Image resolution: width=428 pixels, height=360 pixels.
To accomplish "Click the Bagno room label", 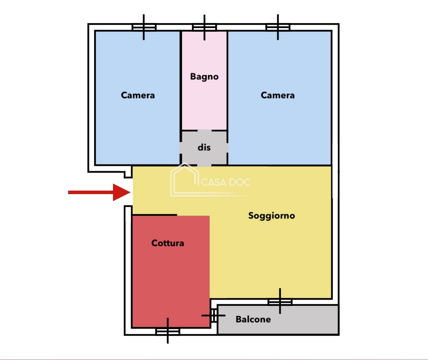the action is coord(204,77).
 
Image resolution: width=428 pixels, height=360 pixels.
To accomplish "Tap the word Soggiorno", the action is coord(272,216).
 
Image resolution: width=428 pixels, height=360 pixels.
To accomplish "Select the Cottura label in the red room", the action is coord(168,243).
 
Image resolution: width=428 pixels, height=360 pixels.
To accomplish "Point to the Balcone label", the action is coord(253,319).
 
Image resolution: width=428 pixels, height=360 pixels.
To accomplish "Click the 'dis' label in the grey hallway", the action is coord(204,147).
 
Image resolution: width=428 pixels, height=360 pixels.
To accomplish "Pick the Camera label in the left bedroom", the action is coord(138,95).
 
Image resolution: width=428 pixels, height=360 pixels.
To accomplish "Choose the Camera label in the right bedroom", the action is coord(278,95).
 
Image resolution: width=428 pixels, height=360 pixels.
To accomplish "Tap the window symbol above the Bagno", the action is coord(204,27).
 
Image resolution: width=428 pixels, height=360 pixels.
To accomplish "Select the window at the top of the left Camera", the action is coord(144,27).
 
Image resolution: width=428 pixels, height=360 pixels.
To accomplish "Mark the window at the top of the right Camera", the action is coord(278,27).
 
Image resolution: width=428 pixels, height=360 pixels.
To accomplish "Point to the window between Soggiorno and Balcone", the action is coord(280,302).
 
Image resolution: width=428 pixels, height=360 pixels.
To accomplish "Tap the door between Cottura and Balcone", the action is coord(214,316).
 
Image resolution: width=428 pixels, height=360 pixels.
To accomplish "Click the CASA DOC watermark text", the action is coord(226,182).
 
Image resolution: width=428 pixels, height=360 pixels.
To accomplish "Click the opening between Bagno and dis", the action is coord(204,130).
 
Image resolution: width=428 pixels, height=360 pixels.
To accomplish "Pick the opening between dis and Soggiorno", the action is coord(204,165).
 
